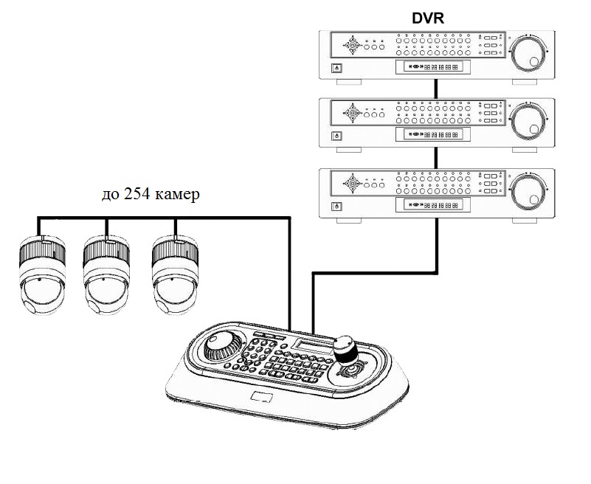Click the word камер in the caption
point(177,196)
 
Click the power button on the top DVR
point(337,68)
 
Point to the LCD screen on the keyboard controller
point(310,345)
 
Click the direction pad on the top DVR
point(353,46)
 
